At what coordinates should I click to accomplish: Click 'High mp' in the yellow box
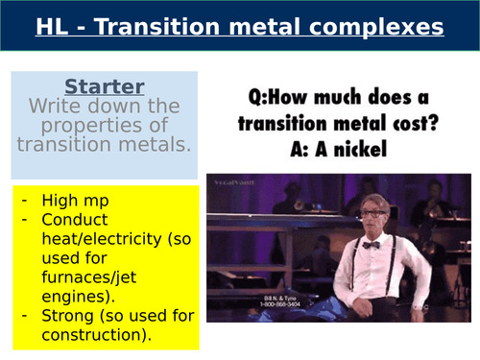tap(75, 201)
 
